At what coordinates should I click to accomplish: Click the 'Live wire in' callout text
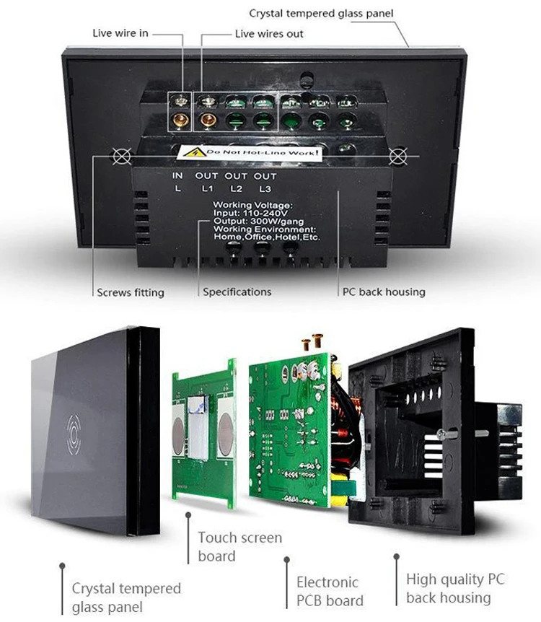coord(120,33)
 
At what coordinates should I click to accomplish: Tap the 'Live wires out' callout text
coord(269,34)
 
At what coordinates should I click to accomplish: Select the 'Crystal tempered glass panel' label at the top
coord(321,14)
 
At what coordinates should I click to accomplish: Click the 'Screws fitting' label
coord(131,292)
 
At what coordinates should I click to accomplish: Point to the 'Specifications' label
coord(237,292)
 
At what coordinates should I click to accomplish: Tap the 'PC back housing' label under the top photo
coord(384,292)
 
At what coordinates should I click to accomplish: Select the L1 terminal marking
coord(207,188)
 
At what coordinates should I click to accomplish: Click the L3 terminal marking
coord(265,188)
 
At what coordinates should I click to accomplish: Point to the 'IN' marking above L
coord(177,175)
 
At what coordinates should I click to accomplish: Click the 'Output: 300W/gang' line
coord(259,221)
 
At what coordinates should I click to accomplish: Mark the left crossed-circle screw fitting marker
coord(122,156)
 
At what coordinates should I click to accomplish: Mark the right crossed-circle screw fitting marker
coord(398,156)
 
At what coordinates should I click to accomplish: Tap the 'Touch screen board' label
coord(240,547)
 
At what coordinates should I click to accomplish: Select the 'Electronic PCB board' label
coord(330,591)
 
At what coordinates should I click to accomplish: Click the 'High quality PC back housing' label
coord(455,588)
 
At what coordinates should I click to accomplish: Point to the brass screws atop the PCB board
coord(312,341)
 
